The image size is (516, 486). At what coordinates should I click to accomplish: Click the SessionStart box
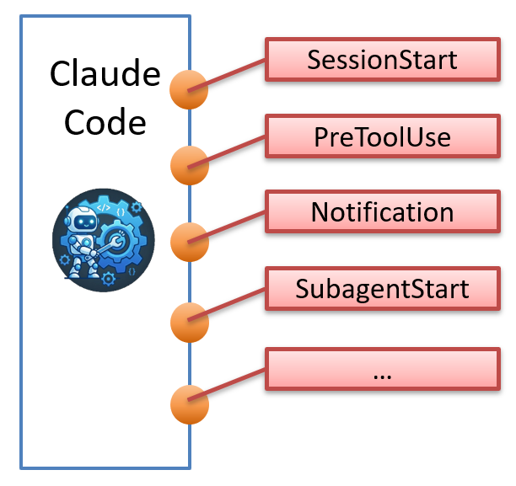(381, 61)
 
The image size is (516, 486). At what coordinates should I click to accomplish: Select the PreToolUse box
(381, 136)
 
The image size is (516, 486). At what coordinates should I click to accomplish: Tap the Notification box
(381, 211)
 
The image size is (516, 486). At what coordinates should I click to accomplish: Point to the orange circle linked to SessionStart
(189, 89)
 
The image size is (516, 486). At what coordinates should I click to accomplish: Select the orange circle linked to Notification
(189, 243)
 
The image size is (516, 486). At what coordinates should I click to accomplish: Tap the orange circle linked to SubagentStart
(189, 320)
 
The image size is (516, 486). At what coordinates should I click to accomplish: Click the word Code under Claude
(105, 123)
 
